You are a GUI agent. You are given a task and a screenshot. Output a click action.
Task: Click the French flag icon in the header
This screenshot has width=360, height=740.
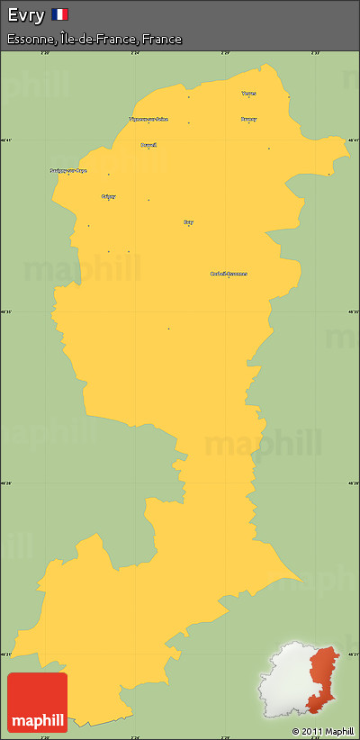coord(59,14)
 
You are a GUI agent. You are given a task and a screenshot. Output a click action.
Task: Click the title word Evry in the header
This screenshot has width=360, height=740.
coord(25,14)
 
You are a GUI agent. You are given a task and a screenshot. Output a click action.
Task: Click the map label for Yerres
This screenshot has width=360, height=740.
coord(248,93)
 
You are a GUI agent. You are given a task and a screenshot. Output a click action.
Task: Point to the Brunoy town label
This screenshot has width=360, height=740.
coord(248,119)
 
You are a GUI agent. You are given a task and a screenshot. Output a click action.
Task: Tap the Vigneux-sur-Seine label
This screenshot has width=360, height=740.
coord(148,119)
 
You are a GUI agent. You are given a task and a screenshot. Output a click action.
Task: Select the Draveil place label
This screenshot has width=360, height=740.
coord(148,144)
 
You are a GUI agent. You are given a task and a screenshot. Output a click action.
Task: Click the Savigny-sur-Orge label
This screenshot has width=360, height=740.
coord(68,170)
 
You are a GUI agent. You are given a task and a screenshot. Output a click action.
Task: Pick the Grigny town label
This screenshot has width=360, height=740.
coord(109,195)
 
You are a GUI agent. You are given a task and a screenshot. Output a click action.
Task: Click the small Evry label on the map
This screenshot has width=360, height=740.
coord(188,221)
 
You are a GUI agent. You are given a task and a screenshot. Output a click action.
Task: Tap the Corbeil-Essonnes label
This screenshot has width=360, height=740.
coord(229,274)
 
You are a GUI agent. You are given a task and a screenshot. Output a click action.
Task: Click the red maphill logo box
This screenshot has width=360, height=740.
coord(37,702)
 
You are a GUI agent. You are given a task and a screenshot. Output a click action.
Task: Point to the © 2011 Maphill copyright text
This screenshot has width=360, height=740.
coord(322,730)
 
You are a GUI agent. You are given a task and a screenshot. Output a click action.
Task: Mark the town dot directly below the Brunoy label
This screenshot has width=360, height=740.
coord(248,123)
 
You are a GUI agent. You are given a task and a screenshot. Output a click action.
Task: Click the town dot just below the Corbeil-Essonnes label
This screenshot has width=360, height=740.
coord(229,278)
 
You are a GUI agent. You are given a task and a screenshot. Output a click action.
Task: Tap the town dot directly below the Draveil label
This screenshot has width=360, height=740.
coord(148,149)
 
